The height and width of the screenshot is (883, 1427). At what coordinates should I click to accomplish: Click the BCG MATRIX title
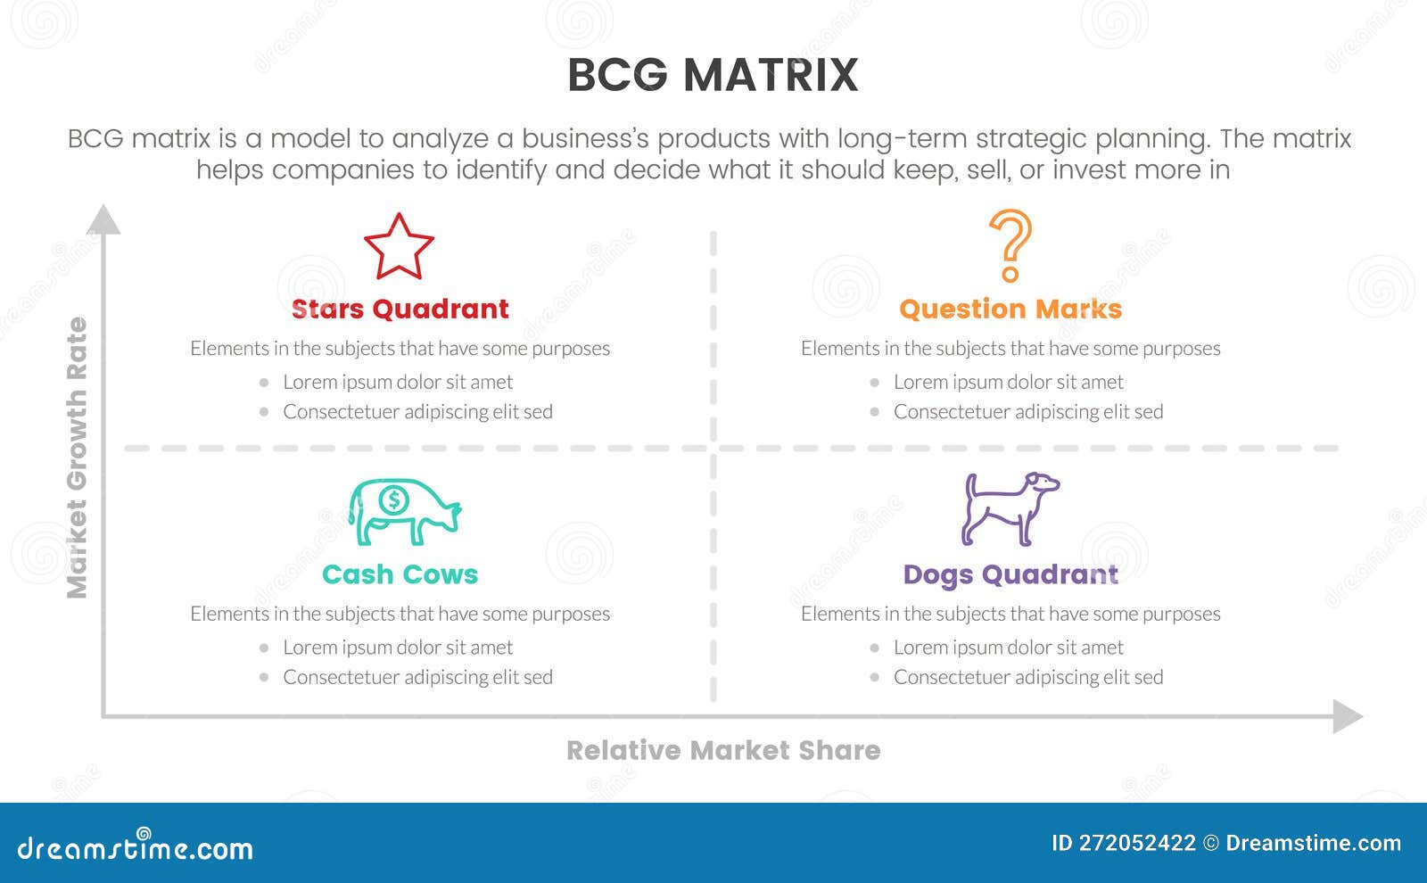click(x=713, y=75)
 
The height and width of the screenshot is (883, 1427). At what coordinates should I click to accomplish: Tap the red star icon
click(x=399, y=247)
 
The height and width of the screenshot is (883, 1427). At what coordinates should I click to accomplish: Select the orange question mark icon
click(x=1010, y=245)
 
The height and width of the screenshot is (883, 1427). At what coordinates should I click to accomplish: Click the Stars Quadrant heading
click(x=400, y=309)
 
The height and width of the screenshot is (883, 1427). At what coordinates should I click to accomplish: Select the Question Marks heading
click(x=1010, y=309)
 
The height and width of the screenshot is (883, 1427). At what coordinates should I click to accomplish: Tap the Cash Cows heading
click(x=400, y=574)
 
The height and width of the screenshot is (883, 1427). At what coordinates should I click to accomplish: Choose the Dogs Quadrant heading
click(x=1010, y=574)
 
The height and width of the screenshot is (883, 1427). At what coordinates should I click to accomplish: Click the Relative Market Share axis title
click(x=723, y=750)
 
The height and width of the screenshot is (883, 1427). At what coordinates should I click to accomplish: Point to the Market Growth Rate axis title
click(x=78, y=458)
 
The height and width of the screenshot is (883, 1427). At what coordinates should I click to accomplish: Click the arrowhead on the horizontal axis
click(x=1348, y=716)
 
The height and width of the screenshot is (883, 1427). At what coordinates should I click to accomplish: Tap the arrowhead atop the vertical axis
click(x=103, y=219)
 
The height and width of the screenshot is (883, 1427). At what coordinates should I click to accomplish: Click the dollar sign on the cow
click(x=393, y=500)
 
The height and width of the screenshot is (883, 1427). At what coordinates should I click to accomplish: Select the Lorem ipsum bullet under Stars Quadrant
click(x=397, y=382)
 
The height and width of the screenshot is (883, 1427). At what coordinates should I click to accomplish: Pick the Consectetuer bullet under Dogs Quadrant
click(x=1027, y=677)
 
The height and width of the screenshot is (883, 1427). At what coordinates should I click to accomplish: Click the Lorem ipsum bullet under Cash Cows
click(x=397, y=648)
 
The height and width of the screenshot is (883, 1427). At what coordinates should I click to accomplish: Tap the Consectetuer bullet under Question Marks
click(x=1027, y=411)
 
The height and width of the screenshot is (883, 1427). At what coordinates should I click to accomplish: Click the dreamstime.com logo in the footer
click(x=135, y=846)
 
